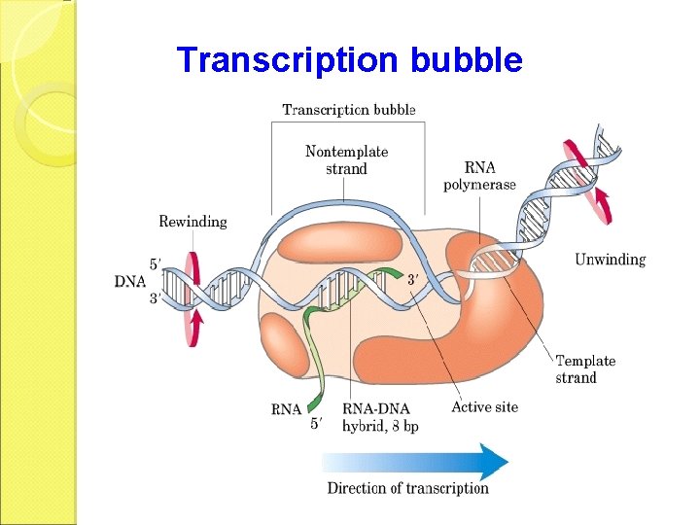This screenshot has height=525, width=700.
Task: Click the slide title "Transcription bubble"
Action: pyautogui.click(x=349, y=60)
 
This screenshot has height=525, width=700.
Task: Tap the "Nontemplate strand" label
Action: pyautogui.click(x=346, y=160)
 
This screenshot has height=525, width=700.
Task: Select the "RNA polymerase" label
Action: pyautogui.click(x=479, y=176)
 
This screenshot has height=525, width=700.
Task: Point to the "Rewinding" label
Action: pyautogui.click(x=192, y=222)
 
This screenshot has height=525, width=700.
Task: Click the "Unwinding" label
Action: pyautogui.click(x=610, y=260)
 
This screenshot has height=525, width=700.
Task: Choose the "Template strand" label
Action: pyautogui.click(x=585, y=369)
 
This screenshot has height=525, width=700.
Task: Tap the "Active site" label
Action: pyautogui.click(x=484, y=406)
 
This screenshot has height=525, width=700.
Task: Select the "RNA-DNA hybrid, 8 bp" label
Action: pyautogui.click(x=380, y=417)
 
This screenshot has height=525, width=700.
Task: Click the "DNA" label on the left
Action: pyautogui.click(x=130, y=281)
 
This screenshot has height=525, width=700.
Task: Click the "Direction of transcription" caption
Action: pyautogui.click(x=407, y=488)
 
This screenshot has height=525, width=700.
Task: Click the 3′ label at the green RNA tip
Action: pyautogui.click(x=413, y=280)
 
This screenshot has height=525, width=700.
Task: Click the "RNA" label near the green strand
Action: pyautogui.click(x=286, y=409)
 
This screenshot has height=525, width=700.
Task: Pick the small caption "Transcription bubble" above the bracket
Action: pyautogui.click(x=348, y=109)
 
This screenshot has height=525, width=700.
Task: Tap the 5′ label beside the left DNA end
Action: pyautogui.click(x=155, y=262)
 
